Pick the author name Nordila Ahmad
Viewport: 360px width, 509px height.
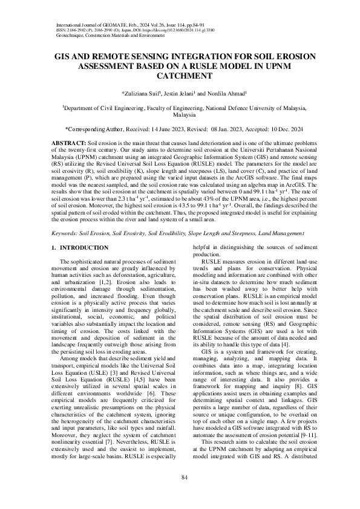coord(220,93)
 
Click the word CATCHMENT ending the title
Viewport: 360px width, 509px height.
coord(180,77)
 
